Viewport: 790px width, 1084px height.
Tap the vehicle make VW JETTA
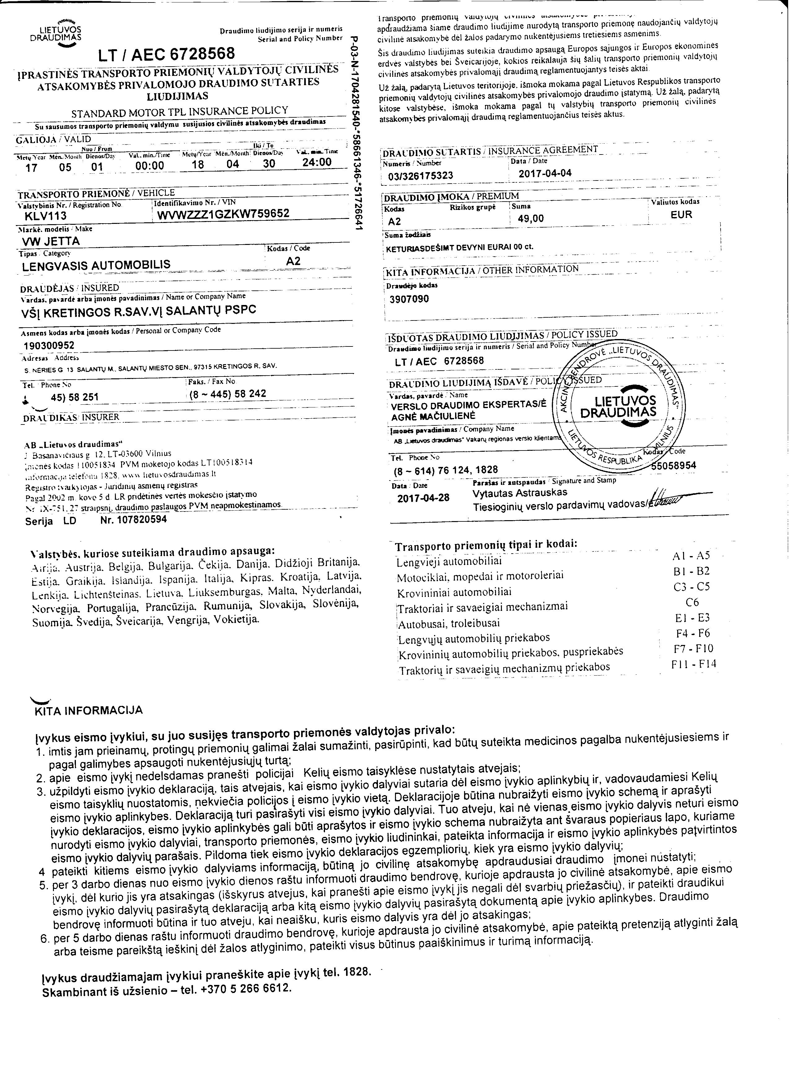[51, 241]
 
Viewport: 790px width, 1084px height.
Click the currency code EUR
[681, 215]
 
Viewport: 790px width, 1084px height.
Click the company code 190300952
[49, 345]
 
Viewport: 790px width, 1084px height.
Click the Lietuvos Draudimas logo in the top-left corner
[62, 33]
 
